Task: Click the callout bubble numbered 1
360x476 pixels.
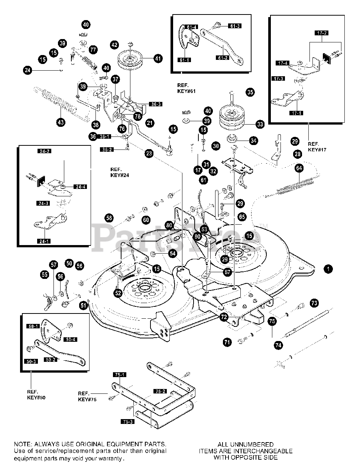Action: (x=328, y=269)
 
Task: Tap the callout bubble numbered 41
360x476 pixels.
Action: (x=158, y=58)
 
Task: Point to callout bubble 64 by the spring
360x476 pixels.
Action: (x=299, y=168)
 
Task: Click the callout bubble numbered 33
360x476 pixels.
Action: (x=260, y=124)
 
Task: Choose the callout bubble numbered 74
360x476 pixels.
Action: (x=278, y=345)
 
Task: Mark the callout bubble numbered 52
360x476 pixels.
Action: (x=118, y=293)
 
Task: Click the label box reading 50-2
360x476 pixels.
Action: (x=51, y=360)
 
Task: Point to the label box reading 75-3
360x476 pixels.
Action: (x=126, y=421)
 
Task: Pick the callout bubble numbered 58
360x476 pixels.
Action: (x=109, y=218)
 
